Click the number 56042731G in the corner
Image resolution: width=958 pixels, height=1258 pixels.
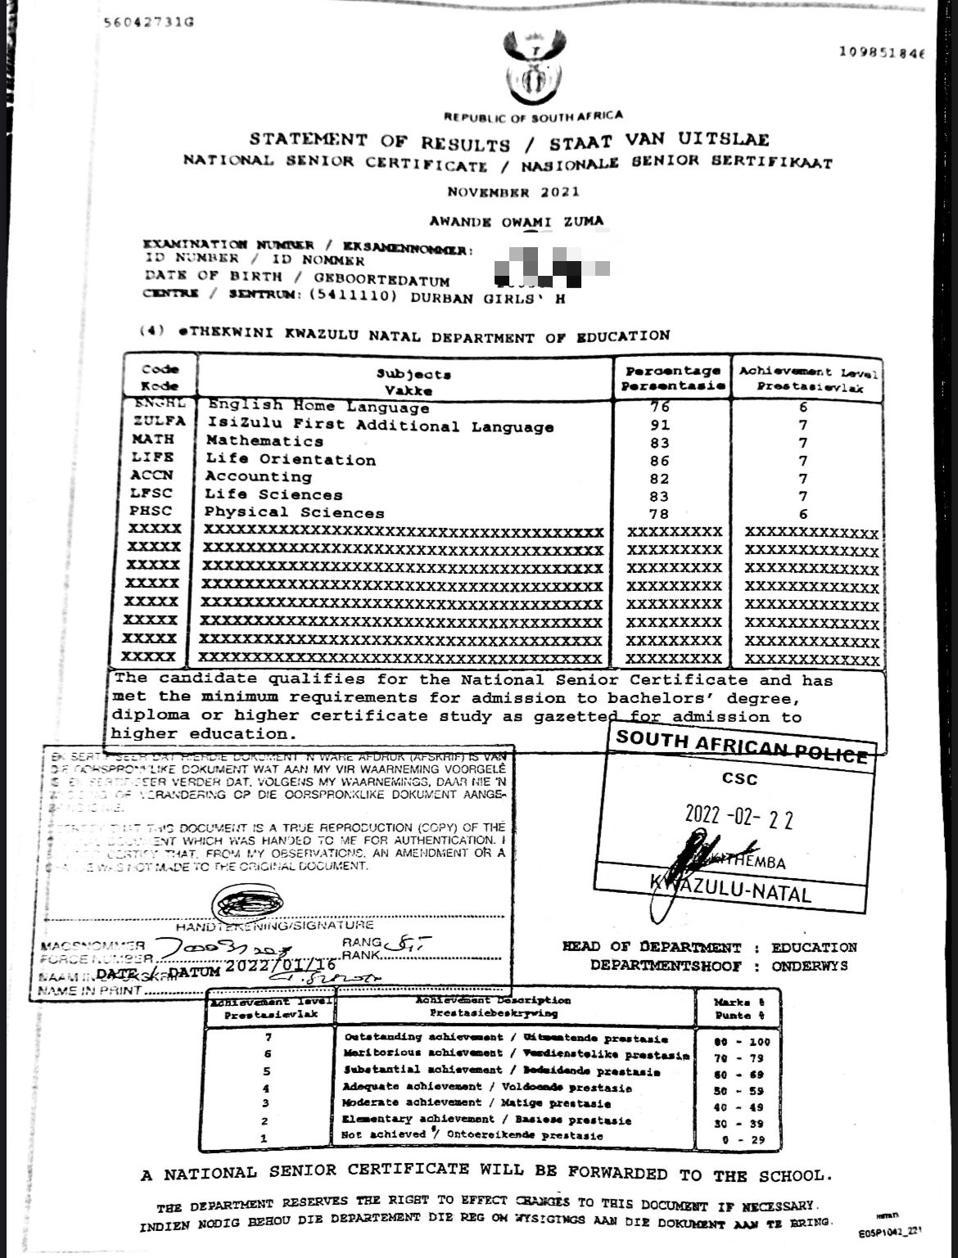click(150, 22)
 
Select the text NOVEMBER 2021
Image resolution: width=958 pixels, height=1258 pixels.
click(513, 192)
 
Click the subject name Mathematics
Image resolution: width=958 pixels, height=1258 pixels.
click(264, 441)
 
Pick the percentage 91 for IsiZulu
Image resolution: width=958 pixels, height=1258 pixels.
click(659, 425)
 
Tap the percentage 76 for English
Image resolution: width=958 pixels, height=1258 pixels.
click(660, 407)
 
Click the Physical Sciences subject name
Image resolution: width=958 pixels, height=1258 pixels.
click(294, 513)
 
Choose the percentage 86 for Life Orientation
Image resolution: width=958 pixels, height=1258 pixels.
click(659, 460)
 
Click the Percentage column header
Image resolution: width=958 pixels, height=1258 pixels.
click(672, 378)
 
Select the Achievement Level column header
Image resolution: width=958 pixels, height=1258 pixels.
click(808, 378)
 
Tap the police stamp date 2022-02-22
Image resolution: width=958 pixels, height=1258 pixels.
click(739, 817)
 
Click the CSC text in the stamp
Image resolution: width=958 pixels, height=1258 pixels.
click(739, 779)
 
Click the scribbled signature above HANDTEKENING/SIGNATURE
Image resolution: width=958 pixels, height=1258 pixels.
click(249, 901)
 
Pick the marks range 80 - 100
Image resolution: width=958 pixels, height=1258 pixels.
click(743, 1041)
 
